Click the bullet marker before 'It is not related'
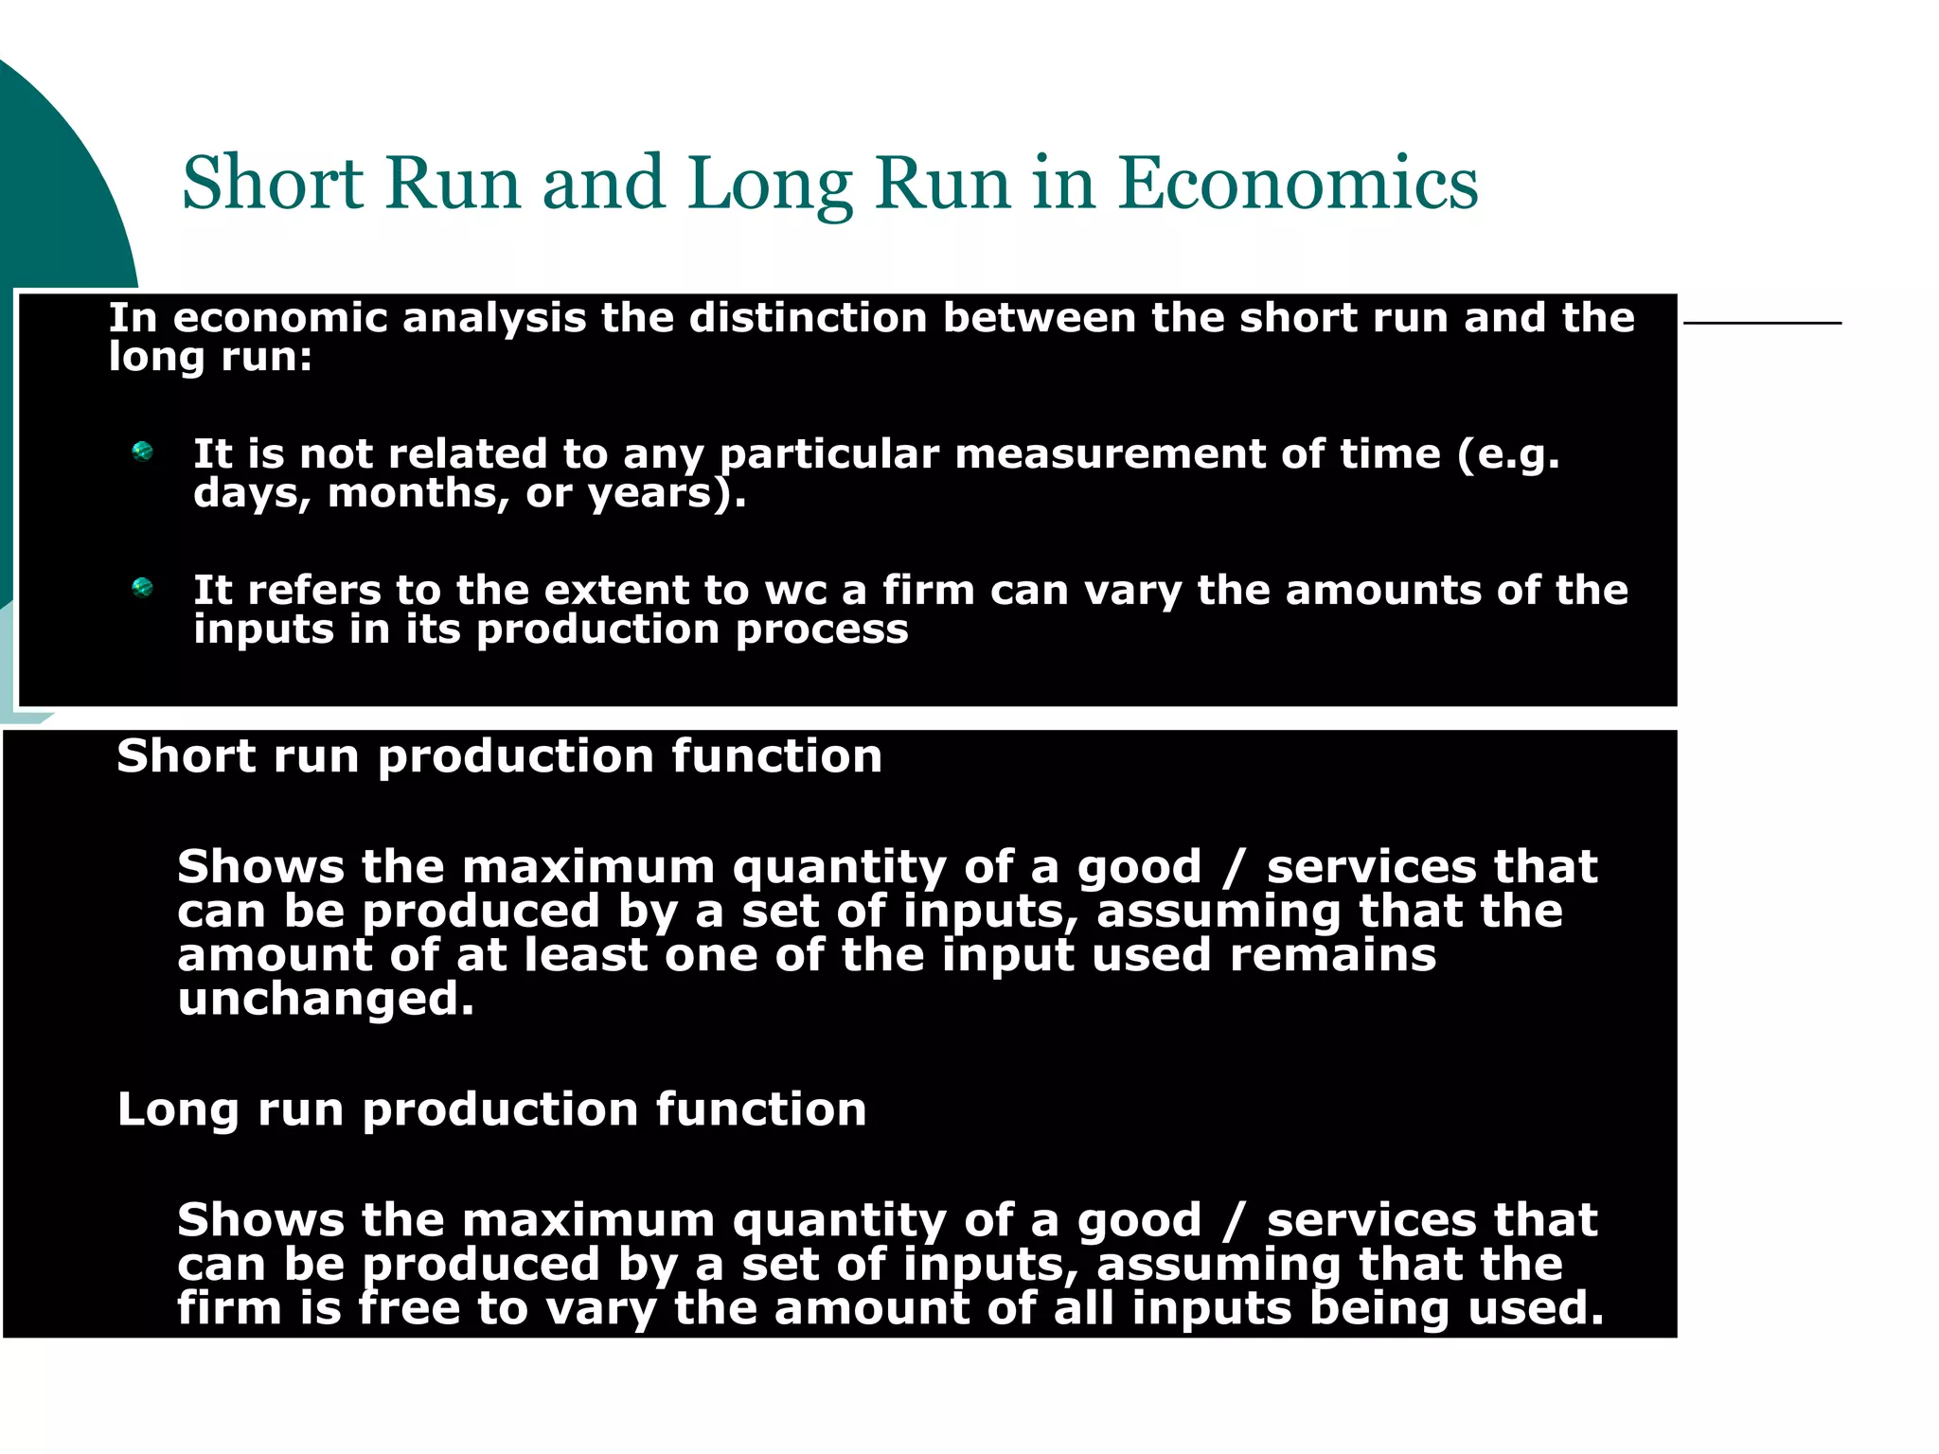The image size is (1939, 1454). tap(143, 452)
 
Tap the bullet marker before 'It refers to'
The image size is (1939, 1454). tap(143, 588)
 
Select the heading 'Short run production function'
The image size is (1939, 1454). tap(499, 756)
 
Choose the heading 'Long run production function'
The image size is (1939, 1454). tap(491, 1109)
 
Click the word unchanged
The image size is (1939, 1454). tap(325, 999)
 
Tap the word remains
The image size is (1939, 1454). tap(1332, 955)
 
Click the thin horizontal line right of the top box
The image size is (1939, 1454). tap(1762, 324)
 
